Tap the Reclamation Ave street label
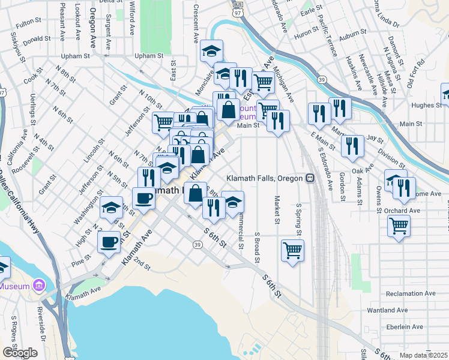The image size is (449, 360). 411,293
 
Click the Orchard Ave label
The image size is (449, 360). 403,211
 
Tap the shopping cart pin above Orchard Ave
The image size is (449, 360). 398,226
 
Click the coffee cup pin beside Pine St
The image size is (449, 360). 109,242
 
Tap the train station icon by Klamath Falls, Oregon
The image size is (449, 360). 310,178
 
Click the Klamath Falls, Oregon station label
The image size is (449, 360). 265,178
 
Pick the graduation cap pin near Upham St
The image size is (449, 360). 211,51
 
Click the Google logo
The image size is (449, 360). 20,353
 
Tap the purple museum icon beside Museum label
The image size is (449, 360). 40,284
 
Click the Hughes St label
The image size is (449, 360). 426,105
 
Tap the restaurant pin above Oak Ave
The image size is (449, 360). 352,145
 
